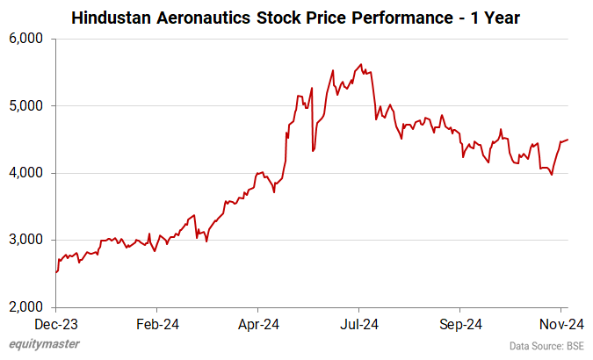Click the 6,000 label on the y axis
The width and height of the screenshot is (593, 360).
[26, 39]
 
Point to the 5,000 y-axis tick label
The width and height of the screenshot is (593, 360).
[26, 106]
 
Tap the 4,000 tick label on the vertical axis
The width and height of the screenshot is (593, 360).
[26, 173]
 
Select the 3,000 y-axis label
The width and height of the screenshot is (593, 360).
[26, 241]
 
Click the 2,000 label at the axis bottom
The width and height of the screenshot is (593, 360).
[26, 307]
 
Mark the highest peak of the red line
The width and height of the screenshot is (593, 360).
[361, 64]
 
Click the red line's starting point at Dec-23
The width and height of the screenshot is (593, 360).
[56, 272]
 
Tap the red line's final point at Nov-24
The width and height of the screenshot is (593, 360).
[568, 140]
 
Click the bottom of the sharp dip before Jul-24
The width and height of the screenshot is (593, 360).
[314, 151]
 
